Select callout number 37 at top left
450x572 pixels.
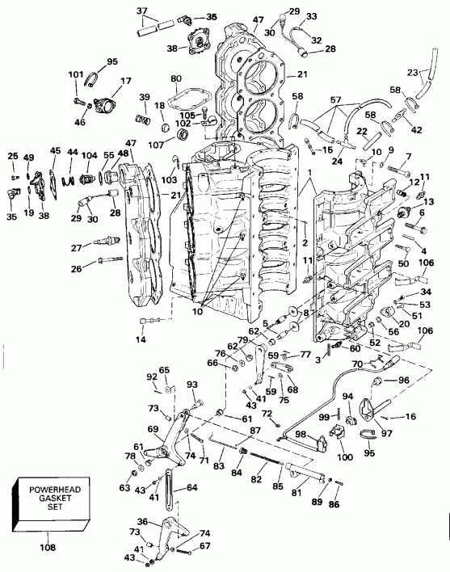tap(142, 11)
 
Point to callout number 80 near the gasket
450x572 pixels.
tap(176, 78)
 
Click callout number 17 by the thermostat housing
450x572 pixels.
tap(125, 81)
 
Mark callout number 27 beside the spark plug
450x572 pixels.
tap(75, 248)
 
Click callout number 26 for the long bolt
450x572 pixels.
tap(75, 270)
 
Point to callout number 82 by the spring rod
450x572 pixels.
tap(256, 479)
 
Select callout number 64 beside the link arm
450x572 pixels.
tap(191, 487)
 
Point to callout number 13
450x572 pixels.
tap(428, 200)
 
